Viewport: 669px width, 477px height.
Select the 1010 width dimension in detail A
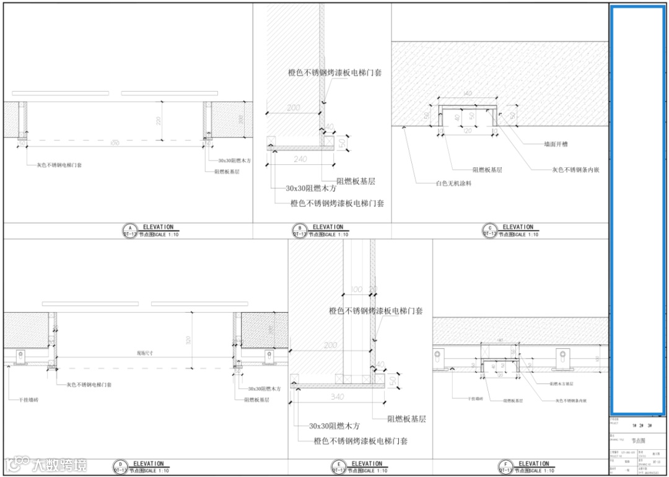(x=114, y=144)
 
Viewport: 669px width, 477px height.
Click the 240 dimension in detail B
(x=300, y=159)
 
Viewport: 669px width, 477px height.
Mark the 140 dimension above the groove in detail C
(x=467, y=94)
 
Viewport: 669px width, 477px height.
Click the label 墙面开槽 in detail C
(x=556, y=144)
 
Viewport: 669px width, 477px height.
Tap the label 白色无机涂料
(x=453, y=183)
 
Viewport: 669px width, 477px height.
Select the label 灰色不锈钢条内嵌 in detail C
(x=575, y=170)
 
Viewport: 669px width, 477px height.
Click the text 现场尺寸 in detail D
(x=145, y=353)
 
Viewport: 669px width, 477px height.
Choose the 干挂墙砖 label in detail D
(x=21, y=400)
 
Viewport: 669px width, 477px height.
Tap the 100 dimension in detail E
(x=356, y=289)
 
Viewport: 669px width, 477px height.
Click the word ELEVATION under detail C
(x=517, y=227)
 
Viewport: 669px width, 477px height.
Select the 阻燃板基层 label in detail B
(x=356, y=182)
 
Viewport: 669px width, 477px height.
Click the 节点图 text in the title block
(x=637, y=441)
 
